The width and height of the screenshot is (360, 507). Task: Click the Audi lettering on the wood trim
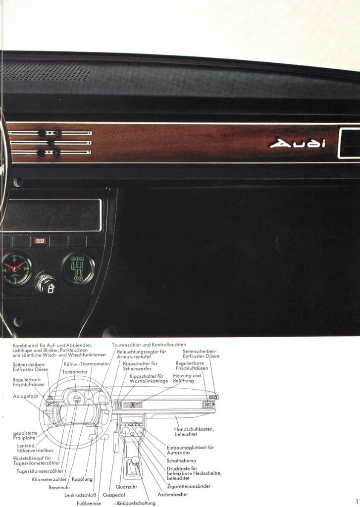pos(298,143)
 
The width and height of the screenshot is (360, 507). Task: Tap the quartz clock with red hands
pos(16,269)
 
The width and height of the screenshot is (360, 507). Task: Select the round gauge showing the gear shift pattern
pos(78,268)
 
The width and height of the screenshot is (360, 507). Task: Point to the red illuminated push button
pos(40,241)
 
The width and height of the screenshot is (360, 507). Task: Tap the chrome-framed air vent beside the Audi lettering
pos(349,144)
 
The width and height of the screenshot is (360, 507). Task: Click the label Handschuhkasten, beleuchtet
pos(194,431)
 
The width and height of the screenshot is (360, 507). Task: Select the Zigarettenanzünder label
pos(189,486)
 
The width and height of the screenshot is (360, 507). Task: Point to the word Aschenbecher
pos(173,494)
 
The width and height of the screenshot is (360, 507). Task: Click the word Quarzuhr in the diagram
pos(126,487)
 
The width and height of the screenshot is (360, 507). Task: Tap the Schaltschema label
pos(181,460)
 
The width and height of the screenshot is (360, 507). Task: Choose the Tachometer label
pos(75,372)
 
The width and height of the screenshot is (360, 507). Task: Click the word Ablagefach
pos(25,396)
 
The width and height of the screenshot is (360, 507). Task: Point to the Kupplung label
pos(82,479)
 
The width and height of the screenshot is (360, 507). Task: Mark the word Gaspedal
pos(114,495)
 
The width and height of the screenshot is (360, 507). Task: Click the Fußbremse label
pos(89,503)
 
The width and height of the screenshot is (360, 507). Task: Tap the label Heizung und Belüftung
pos(187,378)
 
